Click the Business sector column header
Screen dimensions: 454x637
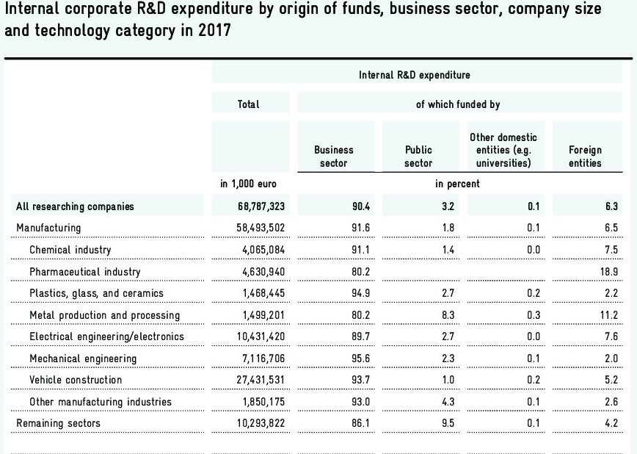(334, 156)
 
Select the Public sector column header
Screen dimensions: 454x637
(418, 156)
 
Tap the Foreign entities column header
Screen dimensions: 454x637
(585, 156)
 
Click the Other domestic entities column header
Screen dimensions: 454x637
(503, 150)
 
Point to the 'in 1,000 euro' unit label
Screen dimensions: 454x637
(248, 184)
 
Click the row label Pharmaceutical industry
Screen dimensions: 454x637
(84, 272)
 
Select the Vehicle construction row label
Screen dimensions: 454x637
(76, 380)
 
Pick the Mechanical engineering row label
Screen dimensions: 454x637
(83, 358)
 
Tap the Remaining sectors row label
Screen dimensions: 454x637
(58, 423)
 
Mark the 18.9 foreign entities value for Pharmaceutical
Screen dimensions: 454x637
(610, 272)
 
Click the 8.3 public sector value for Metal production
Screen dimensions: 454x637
(447, 315)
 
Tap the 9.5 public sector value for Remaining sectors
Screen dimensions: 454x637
(447, 423)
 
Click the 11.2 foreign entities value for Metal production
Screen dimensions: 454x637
(610, 315)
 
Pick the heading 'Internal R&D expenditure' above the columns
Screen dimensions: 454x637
(415, 75)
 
